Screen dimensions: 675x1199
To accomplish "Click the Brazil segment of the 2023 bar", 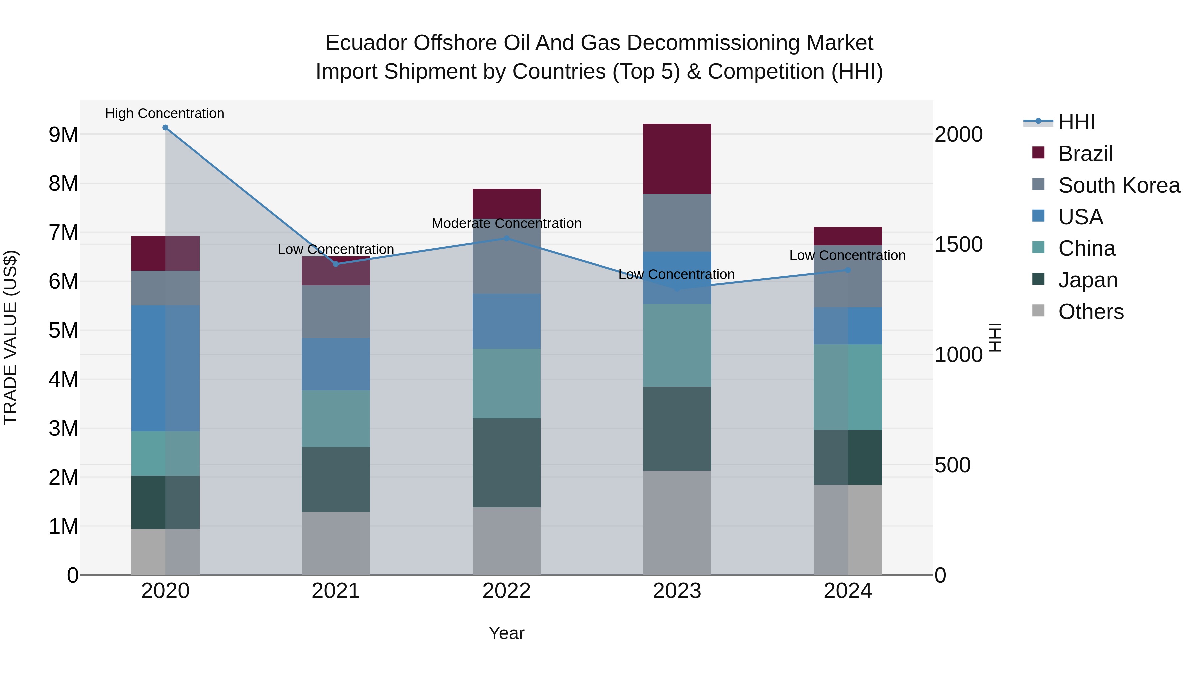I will coord(677,159).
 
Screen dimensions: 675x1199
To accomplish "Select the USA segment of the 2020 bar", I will coord(165,368).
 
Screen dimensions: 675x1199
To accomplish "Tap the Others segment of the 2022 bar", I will coord(506,541).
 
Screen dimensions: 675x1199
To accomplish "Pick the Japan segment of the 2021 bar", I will coord(336,479).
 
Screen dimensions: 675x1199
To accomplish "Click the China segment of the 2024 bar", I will coord(848,387).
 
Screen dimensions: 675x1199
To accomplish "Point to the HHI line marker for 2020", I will coord(165,128).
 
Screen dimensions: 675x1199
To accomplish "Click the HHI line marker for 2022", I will coord(506,239).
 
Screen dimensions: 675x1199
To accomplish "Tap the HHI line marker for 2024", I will coord(848,270).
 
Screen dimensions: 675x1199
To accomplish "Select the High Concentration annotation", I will coord(165,114).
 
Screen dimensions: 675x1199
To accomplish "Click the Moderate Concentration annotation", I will coord(506,224).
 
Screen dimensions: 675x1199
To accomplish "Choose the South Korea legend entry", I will coord(1119,185).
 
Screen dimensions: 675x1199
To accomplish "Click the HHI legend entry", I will coord(1076,122).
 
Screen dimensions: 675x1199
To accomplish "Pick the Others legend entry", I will coord(1090,312).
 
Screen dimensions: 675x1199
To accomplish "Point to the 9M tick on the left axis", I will coord(63,135).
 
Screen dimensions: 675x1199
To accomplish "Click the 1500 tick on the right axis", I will coord(958,245).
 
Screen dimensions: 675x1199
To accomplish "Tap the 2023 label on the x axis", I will coord(677,591).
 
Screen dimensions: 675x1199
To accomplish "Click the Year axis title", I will coord(506,633).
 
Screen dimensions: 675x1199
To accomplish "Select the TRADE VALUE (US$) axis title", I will coord(10,337).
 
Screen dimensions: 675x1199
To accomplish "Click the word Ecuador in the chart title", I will coord(365,43).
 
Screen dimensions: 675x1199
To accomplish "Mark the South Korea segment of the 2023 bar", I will coord(677,223).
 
